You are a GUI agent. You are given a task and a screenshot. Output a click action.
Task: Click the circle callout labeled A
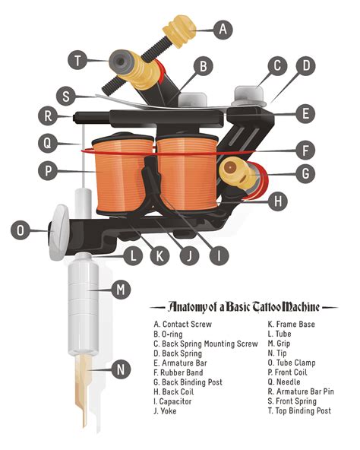(x=221, y=30)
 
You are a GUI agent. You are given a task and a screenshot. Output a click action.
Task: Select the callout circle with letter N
(x=121, y=370)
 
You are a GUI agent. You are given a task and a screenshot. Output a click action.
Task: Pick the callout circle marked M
(x=121, y=289)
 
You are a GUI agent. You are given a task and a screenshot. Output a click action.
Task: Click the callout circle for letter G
(x=304, y=173)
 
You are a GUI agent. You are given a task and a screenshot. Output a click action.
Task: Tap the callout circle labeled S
(x=68, y=97)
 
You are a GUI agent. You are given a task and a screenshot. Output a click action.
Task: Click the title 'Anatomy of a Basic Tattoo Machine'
(x=243, y=307)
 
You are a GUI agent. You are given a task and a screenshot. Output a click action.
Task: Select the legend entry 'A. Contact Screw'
(x=182, y=323)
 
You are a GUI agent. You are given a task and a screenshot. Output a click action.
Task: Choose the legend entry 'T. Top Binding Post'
(x=299, y=410)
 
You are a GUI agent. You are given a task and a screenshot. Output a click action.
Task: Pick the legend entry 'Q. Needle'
(x=284, y=382)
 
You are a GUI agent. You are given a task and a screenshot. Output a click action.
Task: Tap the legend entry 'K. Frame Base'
(x=292, y=323)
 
